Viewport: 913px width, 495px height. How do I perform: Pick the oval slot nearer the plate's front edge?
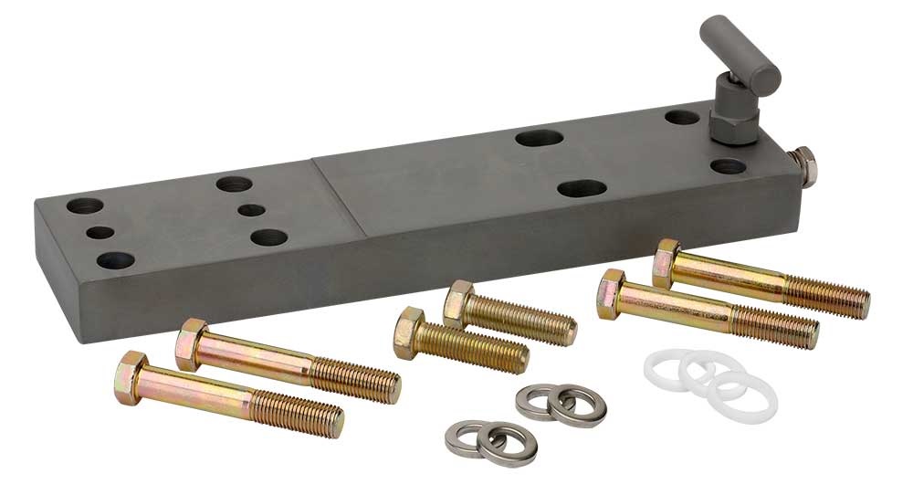click(x=582, y=189)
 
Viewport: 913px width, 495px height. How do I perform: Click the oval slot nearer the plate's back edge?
click(x=539, y=139)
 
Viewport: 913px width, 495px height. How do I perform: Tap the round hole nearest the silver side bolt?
click(x=728, y=166)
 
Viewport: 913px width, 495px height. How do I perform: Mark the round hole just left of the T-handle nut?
click(x=681, y=117)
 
